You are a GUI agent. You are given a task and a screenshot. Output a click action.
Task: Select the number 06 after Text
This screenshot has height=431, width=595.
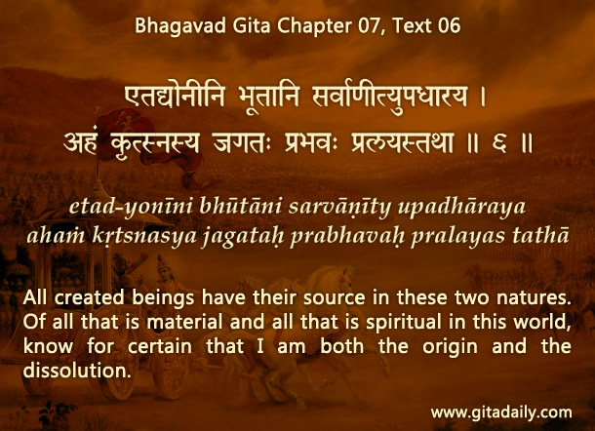pos(449,26)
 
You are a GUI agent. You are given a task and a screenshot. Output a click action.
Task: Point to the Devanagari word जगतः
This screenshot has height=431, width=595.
pos(242,143)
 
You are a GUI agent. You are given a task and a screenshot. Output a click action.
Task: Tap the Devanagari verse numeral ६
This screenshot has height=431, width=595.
pos(499,143)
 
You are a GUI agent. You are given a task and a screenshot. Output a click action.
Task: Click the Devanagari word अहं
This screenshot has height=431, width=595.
pos(80,142)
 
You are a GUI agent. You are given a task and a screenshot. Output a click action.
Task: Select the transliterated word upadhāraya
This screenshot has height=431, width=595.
pos(461,208)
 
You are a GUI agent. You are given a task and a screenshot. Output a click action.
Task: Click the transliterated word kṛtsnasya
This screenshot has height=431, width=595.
pos(144,237)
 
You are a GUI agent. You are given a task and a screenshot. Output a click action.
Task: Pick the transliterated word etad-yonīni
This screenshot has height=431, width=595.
pos(131,208)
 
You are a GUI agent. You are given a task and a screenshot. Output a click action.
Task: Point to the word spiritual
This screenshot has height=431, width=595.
pos(404,323)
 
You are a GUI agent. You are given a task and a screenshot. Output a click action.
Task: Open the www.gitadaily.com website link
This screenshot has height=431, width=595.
pos(501,412)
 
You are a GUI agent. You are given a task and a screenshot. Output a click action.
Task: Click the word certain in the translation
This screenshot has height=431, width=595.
pos(160,346)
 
